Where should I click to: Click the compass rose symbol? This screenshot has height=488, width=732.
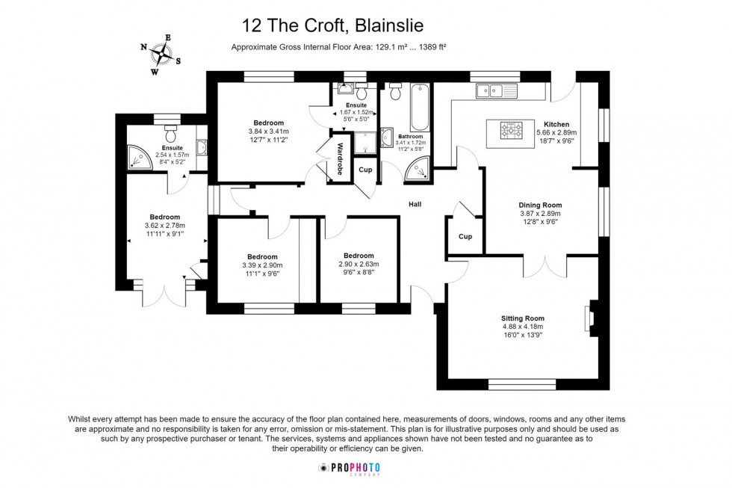tap(160, 55)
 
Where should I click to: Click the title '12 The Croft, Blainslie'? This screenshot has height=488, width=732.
tap(333, 25)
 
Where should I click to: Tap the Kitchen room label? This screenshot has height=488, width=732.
tap(556, 124)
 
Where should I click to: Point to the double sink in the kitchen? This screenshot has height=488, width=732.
tap(488, 91)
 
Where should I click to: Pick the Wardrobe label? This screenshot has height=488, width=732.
tap(340, 158)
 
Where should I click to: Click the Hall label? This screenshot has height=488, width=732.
tap(416, 203)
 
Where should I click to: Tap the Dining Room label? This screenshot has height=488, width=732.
tap(540, 205)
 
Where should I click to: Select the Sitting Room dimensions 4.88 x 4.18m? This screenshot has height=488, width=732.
tap(522, 327)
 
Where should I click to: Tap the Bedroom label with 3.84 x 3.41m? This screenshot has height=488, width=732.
tap(268, 123)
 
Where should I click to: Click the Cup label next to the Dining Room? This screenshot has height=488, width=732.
tap(465, 237)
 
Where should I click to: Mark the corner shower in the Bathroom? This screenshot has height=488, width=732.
tap(418, 171)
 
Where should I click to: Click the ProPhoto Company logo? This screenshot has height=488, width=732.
tap(350, 468)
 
